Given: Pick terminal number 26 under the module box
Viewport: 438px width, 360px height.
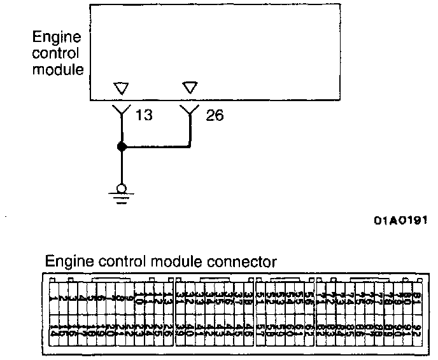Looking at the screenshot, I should [x=215, y=116].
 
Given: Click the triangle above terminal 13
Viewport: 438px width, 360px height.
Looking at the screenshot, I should [x=121, y=88].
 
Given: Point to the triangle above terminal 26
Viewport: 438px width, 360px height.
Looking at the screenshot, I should [x=190, y=88].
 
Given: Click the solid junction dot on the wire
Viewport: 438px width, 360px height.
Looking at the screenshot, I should [x=122, y=147].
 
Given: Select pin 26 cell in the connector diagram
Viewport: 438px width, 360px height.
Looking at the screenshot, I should [x=167, y=330].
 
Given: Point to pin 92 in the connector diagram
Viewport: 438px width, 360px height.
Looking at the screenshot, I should [x=417, y=330].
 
